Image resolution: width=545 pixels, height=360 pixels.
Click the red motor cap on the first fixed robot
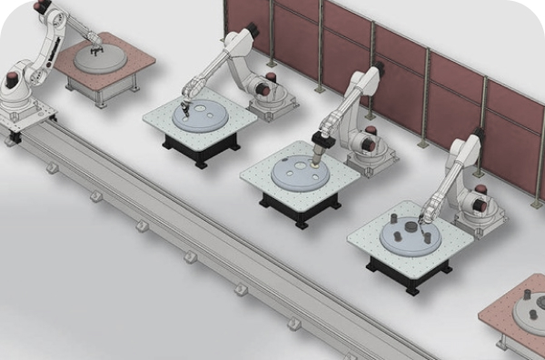point(263,89)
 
